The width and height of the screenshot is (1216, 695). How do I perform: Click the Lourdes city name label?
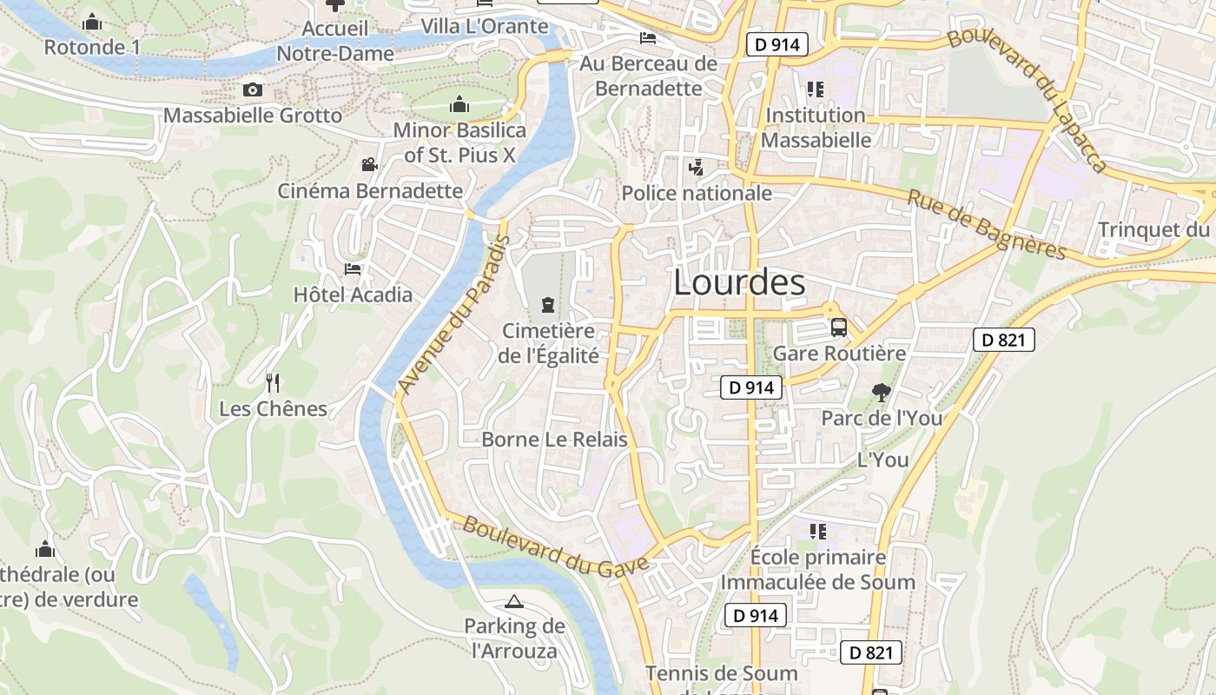tap(739, 282)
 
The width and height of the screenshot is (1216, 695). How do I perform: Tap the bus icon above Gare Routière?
tap(839, 328)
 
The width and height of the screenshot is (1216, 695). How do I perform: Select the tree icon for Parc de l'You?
tap(882, 393)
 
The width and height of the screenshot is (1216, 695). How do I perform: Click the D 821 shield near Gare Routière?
tap(1003, 340)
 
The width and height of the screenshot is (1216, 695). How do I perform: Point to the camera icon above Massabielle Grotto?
tap(253, 89)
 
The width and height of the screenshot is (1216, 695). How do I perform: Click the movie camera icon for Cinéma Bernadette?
tap(369, 164)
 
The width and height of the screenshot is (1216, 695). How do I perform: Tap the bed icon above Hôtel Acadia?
tap(353, 269)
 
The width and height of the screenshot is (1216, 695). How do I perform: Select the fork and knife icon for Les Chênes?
tap(273, 382)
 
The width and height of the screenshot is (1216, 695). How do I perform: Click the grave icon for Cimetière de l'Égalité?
tap(548, 304)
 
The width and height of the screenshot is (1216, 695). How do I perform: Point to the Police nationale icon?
tap(696, 167)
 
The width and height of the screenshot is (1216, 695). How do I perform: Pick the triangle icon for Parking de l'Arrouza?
tap(514, 601)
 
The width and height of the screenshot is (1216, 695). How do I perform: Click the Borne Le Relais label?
tap(554, 440)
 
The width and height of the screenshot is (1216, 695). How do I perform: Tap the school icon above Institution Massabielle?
tap(815, 89)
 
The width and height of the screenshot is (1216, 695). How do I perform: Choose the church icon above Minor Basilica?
tap(459, 105)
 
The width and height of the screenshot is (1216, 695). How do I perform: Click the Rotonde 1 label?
tap(91, 47)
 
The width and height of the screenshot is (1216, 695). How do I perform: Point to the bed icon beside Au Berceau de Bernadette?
tap(647, 37)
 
